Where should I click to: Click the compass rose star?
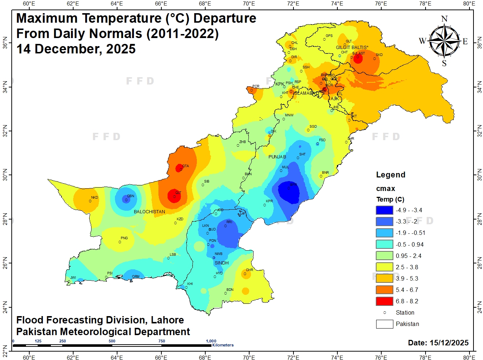(x=444, y=41)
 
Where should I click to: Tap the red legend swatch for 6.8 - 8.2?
(x=384, y=301)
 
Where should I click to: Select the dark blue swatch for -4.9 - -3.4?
(x=384, y=210)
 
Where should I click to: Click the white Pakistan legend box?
(x=384, y=324)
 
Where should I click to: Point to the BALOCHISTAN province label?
(x=149, y=212)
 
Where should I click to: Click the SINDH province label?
(x=222, y=263)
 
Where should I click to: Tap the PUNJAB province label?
(x=277, y=157)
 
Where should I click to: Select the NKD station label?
(x=95, y=198)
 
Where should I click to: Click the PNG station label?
(x=124, y=238)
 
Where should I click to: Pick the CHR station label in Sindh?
(x=250, y=270)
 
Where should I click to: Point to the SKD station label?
(x=379, y=55)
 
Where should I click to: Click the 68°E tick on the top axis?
(x=205, y=4)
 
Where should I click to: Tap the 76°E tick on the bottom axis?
(x=381, y=357)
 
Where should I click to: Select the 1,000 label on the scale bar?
(x=211, y=341)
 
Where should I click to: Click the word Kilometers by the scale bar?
(x=223, y=345)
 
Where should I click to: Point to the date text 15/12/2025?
(x=449, y=343)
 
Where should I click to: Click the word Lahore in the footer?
(x=168, y=320)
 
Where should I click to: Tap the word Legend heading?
(x=391, y=175)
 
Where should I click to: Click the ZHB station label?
(x=243, y=142)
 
